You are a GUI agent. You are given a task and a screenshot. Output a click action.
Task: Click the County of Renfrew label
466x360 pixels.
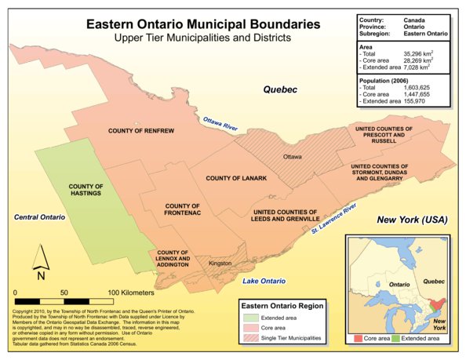(x=140, y=130)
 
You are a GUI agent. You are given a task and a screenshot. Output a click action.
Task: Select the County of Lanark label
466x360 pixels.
(x=237, y=179)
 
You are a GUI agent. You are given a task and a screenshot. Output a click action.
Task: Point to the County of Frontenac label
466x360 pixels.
(x=183, y=209)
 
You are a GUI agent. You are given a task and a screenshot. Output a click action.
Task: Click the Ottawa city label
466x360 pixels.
(x=292, y=157)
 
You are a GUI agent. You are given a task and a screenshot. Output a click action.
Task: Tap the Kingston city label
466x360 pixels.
(x=220, y=264)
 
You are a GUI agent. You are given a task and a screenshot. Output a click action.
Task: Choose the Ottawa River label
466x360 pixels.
(x=220, y=124)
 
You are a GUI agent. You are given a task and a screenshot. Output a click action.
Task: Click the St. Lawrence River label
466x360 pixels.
(x=333, y=218)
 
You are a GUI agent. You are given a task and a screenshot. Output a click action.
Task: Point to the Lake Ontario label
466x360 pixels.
(x=263, y=280)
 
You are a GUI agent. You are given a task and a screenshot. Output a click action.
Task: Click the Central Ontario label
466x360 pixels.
(x=39, y=216)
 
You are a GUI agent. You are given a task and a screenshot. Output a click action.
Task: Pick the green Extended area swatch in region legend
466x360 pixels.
(x=249, y=317)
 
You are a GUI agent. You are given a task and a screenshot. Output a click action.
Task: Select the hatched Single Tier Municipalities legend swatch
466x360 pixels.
(x=249, y=337)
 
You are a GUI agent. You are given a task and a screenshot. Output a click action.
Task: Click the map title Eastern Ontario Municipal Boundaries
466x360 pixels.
(x=202, y=24)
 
